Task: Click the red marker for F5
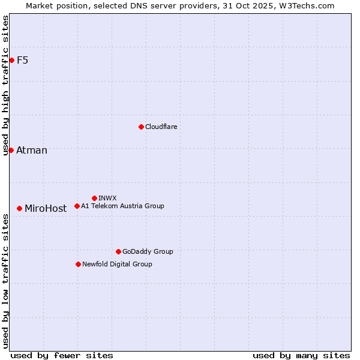11,60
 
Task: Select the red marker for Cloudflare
141,127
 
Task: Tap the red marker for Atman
11,150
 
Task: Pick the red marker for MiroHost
20,208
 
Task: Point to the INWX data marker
94,198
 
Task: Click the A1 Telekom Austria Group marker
77,206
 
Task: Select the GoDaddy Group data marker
118,251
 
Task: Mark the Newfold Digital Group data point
78,264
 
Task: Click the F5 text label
23,60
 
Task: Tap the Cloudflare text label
161,127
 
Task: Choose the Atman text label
32,150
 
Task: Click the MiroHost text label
46,209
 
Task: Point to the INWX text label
107,198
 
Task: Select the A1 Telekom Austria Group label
122,206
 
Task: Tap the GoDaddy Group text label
148,251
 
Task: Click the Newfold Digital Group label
117,264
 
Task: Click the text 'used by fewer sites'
62,355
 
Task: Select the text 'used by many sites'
301,355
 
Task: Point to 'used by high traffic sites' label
6,85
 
